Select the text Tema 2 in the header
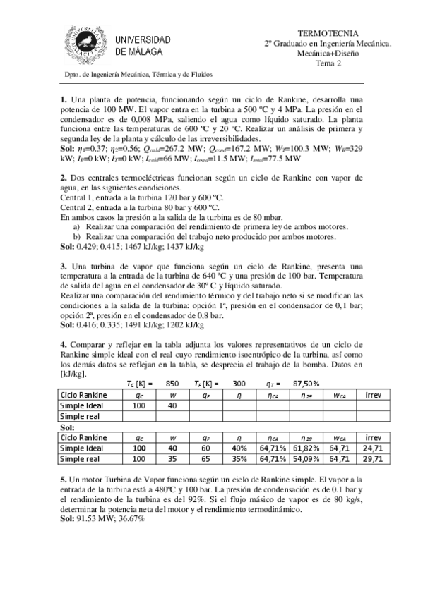pos(328,63)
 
